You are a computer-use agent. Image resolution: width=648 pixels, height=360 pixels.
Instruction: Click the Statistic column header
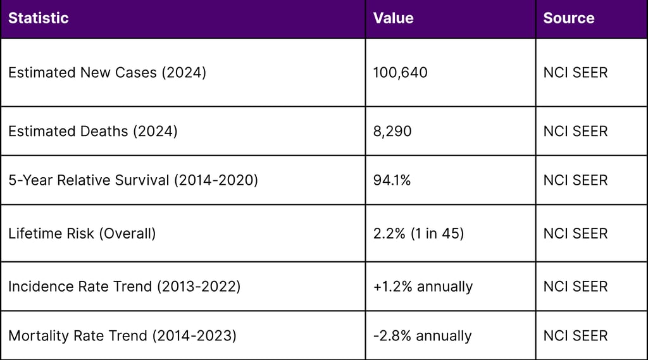tap(38, 18)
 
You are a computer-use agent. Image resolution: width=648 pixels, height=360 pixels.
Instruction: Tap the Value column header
tap(393, 18)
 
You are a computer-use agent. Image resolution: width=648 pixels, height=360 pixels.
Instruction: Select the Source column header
tap(568, 18)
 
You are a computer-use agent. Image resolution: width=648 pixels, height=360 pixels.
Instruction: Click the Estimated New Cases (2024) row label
tap(107, 73)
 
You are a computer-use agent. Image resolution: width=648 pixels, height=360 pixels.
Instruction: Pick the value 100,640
tap(400, 73)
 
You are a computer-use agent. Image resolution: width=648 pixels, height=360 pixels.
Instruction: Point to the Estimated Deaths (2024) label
tap(92, 132)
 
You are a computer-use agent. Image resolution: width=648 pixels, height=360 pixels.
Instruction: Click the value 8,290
tap(392, 132)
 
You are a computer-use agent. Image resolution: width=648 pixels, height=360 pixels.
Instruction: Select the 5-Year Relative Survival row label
tap(133, 180)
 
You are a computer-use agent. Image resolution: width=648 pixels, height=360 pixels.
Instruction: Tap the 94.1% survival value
tap(392, 180)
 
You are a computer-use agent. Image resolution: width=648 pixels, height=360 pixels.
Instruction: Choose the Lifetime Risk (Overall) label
tap(82, 233)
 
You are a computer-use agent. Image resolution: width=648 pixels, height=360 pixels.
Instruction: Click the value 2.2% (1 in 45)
tap(418, 233)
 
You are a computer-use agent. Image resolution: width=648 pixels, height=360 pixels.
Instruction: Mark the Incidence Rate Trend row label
tap(124, 287)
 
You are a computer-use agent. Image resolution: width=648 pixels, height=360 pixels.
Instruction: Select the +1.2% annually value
tap(423, 287)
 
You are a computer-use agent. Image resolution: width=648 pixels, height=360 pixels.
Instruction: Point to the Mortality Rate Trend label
tap(122, 335)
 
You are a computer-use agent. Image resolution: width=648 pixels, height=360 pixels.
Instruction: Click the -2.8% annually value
tap(422, 335)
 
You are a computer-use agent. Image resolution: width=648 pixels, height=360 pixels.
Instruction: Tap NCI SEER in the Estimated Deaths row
tap(575, 132)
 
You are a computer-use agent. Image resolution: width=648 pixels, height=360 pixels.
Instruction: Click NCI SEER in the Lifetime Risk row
tap(575, 233)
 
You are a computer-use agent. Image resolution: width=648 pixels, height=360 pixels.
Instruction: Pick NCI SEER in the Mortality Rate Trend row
tap(575, 335)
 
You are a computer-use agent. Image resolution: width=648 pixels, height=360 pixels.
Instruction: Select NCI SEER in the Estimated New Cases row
tap(575, 73)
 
